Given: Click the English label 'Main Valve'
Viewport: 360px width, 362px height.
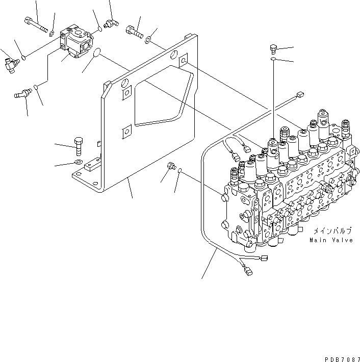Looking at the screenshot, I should [x=330, y=239].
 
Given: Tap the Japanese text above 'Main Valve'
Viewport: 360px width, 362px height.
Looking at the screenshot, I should [x=332, y=230].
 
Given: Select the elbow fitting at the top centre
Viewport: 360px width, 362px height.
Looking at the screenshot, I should [x=108, y=23].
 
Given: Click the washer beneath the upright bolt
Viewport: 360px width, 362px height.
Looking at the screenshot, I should [x=77, y=163].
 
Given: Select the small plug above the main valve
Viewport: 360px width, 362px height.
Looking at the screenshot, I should [x=273, y=49].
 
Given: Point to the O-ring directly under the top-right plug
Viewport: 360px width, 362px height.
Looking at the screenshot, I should [x=274, y=60].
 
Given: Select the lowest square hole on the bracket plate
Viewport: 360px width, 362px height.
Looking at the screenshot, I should [x=126, y=134].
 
